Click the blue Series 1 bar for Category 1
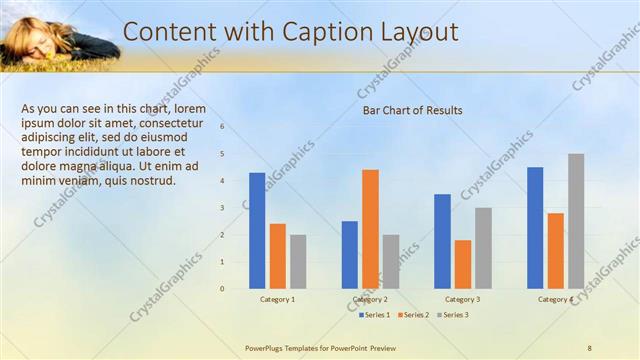257,230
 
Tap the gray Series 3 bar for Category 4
576,221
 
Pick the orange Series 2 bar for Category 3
463,264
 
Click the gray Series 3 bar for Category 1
298,261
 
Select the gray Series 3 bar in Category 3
483,248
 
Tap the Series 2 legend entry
415,315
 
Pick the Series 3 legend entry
454,315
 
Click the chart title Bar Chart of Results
412,110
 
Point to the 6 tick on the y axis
222,127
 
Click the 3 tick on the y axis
222,208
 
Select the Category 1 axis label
277,299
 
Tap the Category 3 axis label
462,299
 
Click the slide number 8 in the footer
590,348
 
